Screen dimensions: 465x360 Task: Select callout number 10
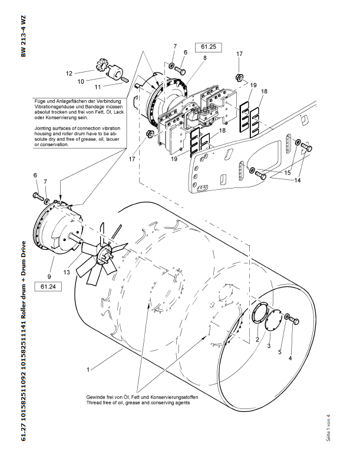[81, 81]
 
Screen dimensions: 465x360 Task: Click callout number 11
[90, 87]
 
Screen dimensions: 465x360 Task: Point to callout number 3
[269, 346]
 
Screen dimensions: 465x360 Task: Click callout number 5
[280, 352]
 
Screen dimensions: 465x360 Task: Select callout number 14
[298, 180]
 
